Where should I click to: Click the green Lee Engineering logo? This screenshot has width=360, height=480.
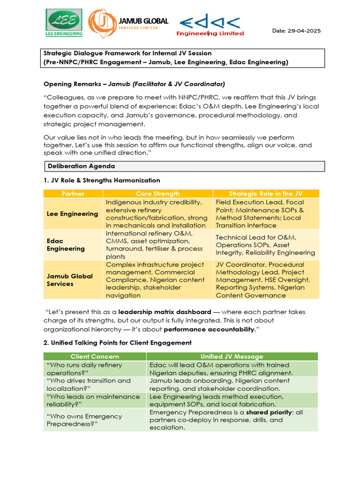pos(64,22)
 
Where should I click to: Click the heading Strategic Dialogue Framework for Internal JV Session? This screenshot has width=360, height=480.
pos(127,53)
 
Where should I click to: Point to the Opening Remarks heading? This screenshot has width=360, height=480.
pos(134,84)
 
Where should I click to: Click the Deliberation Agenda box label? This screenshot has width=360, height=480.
pos(81,166)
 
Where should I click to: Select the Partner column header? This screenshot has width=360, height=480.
pos(73,194)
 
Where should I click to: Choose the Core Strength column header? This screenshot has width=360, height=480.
pos(157,194)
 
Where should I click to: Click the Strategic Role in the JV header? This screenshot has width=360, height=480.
pos(265,194)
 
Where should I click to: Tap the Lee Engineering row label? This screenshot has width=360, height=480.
pos(72,214)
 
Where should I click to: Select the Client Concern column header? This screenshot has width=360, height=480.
pos(95,357)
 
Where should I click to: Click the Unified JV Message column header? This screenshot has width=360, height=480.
pos(232,357)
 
